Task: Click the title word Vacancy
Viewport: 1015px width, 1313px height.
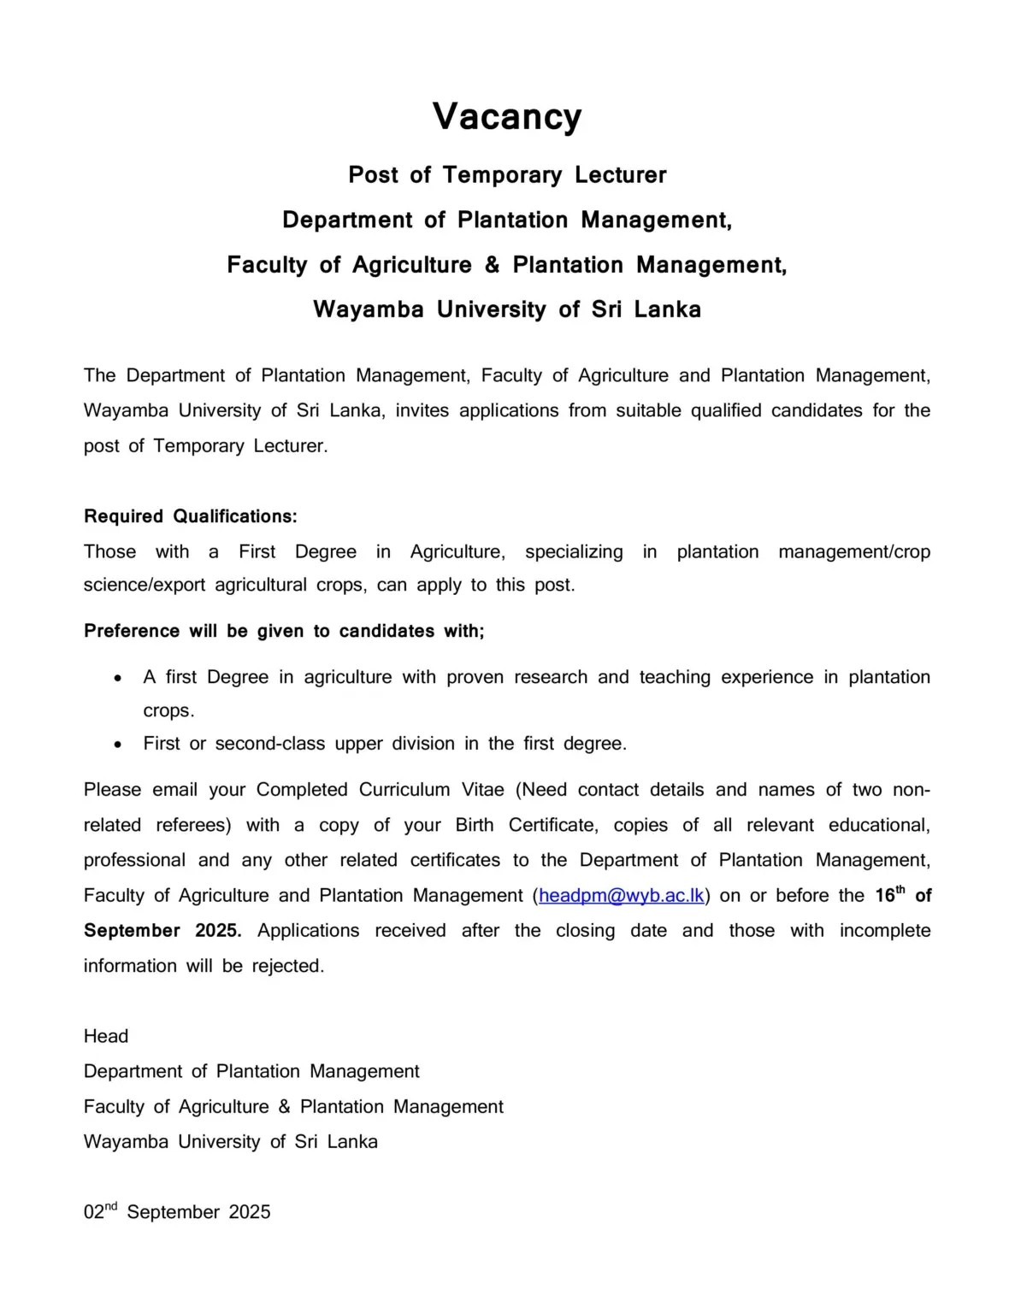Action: pyautogui.click(x=507, y=117)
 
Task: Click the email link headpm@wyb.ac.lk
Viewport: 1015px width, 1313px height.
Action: pyautogui.click(x=622, y=895)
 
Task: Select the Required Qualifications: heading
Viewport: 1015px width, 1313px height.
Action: pyautogui.click(x=191, y=516)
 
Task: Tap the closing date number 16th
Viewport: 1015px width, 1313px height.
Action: pyautogui.click(x=888, y=895)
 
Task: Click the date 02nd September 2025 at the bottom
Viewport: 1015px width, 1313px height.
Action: pyautogui.click(x=177, y=1211)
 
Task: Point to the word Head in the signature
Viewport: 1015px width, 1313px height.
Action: pyautogui.click(x=106, y=1036)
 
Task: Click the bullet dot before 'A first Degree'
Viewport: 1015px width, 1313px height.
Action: pyautogui.click(x=118, y=678)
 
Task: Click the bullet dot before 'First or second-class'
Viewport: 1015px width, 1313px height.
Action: pyautogui.click(x=118, y=745)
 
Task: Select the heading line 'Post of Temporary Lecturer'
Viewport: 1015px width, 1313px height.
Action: pyautogui.click(x=507, y=175)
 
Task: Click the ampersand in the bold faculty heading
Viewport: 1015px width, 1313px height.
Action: pyautogui.click(x=492, y=265)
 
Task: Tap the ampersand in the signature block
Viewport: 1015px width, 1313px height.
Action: pyautogui.click(x=285, y=1106)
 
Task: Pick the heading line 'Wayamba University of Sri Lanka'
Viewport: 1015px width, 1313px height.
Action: pyautogui.click(x=507, y=309)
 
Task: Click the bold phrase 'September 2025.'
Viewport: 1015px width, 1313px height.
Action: pyautogui.click(x=162, y=930)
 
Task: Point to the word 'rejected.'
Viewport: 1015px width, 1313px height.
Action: pyautogui.click(x=288, y=966)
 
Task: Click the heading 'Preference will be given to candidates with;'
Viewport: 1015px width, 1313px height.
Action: pyautogui.click(x=284, y=631)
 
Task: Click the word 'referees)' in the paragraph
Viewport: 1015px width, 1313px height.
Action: pyautogui.click(x=193, y=825)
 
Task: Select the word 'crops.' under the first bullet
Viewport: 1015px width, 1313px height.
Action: pyautogui.click(x=168, y=710)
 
